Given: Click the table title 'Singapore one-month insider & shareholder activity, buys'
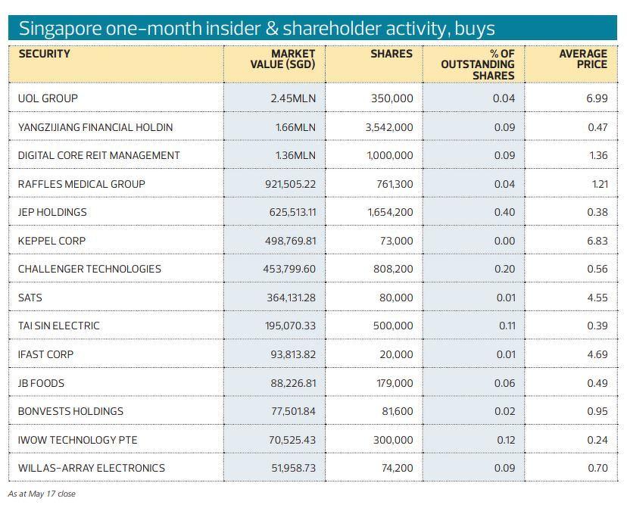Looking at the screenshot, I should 257,29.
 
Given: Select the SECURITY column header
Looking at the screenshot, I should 44,54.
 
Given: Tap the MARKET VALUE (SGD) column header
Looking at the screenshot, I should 282,59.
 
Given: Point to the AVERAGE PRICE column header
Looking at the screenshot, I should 582,59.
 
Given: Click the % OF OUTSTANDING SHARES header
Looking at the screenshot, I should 477,64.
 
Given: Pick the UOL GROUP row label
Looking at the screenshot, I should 48,98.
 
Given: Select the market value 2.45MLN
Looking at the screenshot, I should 293,98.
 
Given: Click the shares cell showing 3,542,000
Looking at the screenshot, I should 389,127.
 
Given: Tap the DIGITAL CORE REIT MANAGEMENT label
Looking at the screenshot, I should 98,155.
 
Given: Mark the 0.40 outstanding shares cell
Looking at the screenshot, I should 504,212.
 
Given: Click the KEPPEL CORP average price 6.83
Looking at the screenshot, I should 597,241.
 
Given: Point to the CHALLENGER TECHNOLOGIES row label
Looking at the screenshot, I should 89,269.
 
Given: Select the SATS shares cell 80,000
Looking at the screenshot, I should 396,298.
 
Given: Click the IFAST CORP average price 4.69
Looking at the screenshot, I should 597,354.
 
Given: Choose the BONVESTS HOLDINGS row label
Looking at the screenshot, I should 70,411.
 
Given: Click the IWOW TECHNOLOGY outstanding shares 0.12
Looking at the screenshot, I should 505,440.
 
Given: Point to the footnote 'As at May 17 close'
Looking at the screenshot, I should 42,494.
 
